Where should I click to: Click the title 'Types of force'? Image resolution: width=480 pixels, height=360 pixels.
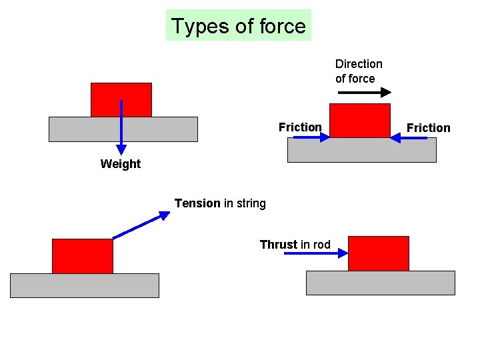[238, 26]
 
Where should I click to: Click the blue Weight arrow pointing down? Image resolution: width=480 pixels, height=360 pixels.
[121, 127]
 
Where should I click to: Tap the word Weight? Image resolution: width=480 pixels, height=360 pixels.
[121, 164]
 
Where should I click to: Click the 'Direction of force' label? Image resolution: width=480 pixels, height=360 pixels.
[359, 71]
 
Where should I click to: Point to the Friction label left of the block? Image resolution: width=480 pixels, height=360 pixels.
[300, 127]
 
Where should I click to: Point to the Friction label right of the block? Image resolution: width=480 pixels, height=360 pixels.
[429, 128]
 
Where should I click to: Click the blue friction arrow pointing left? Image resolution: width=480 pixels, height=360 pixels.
[409, 138]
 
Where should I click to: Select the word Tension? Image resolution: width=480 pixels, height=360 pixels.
[197, 203]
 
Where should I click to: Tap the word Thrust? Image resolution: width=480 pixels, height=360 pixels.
[279, 245]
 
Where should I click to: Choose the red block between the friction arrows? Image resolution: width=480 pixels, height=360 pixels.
[360, 121]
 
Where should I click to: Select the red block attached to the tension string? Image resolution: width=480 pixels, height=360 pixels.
[83, 256]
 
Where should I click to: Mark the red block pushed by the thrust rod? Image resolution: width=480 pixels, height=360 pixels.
[379, 253]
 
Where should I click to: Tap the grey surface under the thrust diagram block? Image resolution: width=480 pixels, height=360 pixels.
[380, 283]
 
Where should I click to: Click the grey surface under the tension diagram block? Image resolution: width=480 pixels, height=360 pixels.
[85, 285]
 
